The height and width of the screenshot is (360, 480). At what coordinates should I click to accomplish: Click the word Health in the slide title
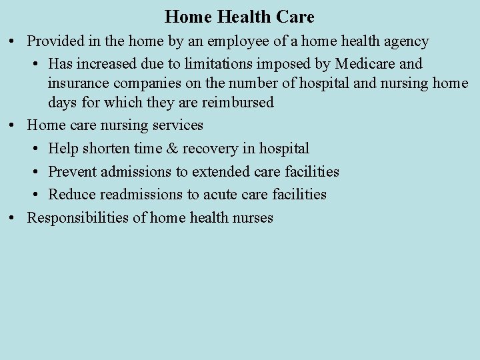coord(241,17)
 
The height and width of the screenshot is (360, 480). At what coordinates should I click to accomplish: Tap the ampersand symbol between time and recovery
coord(173,148)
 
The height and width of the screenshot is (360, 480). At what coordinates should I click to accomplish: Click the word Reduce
coord(72,195)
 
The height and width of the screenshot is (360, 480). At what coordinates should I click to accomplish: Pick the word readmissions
coord(141,195)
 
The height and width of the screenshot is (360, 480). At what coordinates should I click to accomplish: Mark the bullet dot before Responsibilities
coord(13,218)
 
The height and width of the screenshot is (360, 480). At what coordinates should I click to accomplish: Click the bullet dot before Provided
coord(13,41)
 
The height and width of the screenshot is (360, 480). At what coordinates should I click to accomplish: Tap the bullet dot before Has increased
coord(34,64)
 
